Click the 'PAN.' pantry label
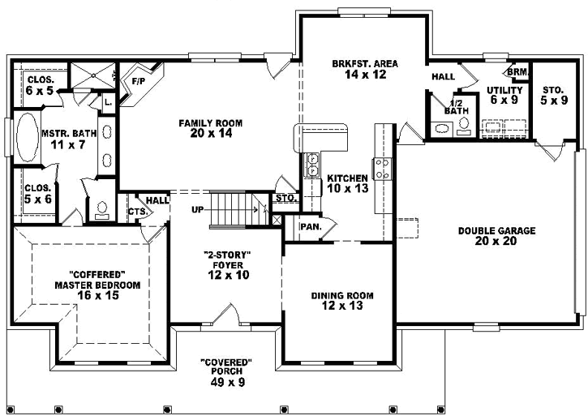click(x=311, y=227)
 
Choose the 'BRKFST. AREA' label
click(x=363, y=63)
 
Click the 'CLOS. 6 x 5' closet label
click(x=41, y=85)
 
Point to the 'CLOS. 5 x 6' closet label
click(x=38, y=194)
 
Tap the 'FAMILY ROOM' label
click(x=211, y=128)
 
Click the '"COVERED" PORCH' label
click(x=226, y=367)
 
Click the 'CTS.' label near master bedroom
click(x=136, y=212)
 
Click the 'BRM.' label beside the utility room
click(x=520, y=72)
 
